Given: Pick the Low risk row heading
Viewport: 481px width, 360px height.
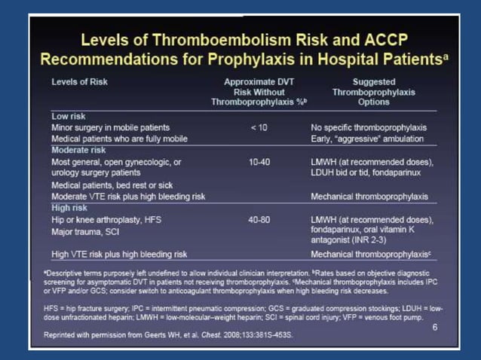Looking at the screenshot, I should coord(70,117).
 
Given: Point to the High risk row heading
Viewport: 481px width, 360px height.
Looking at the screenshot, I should coord(71,207).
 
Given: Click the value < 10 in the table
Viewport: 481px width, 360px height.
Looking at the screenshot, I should coord(258,128).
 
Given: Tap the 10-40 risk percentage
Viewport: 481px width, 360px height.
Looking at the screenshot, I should coord(258,162).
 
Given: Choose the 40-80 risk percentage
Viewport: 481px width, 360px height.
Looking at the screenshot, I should coord(258,219).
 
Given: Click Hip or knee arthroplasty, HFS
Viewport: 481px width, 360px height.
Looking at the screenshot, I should coord(106,219).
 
